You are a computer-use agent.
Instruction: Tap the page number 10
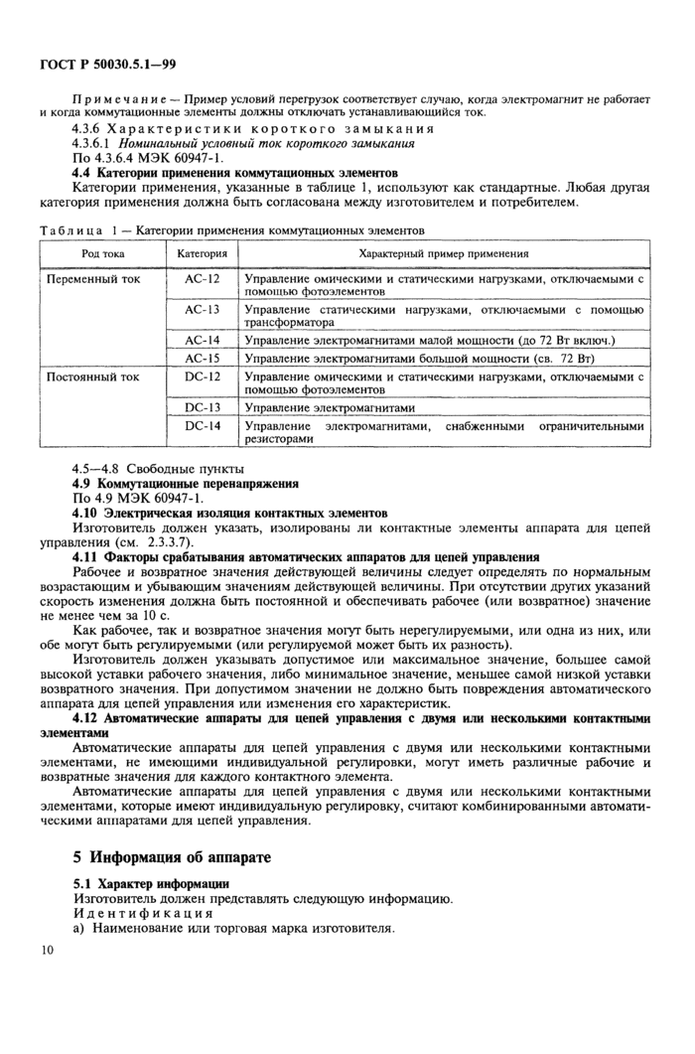48,951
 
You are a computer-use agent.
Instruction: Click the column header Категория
202,254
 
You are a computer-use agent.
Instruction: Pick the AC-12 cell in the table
202,279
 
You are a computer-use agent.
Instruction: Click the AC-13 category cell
202,309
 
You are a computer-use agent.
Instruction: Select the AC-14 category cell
202,340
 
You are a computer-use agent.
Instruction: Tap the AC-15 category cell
202,358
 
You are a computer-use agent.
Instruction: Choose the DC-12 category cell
202,376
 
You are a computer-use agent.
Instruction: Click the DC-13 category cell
202,407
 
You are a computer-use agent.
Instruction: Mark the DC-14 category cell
202,425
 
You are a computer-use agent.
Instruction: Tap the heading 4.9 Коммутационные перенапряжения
186,483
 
